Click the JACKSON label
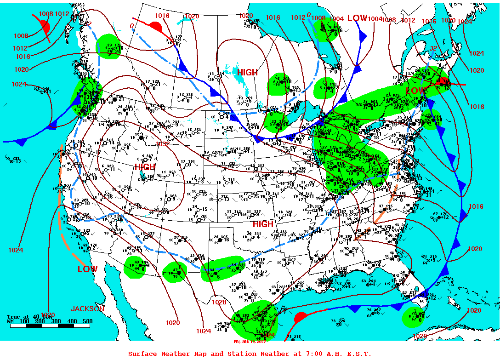88,309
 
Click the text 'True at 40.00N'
26,316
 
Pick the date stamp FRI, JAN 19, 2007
250,341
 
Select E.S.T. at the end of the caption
358,354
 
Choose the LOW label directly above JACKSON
87,269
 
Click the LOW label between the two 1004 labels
357,18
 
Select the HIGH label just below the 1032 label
145,167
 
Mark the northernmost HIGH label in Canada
247,72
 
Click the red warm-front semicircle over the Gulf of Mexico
301,317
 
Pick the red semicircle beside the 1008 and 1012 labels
45,27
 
